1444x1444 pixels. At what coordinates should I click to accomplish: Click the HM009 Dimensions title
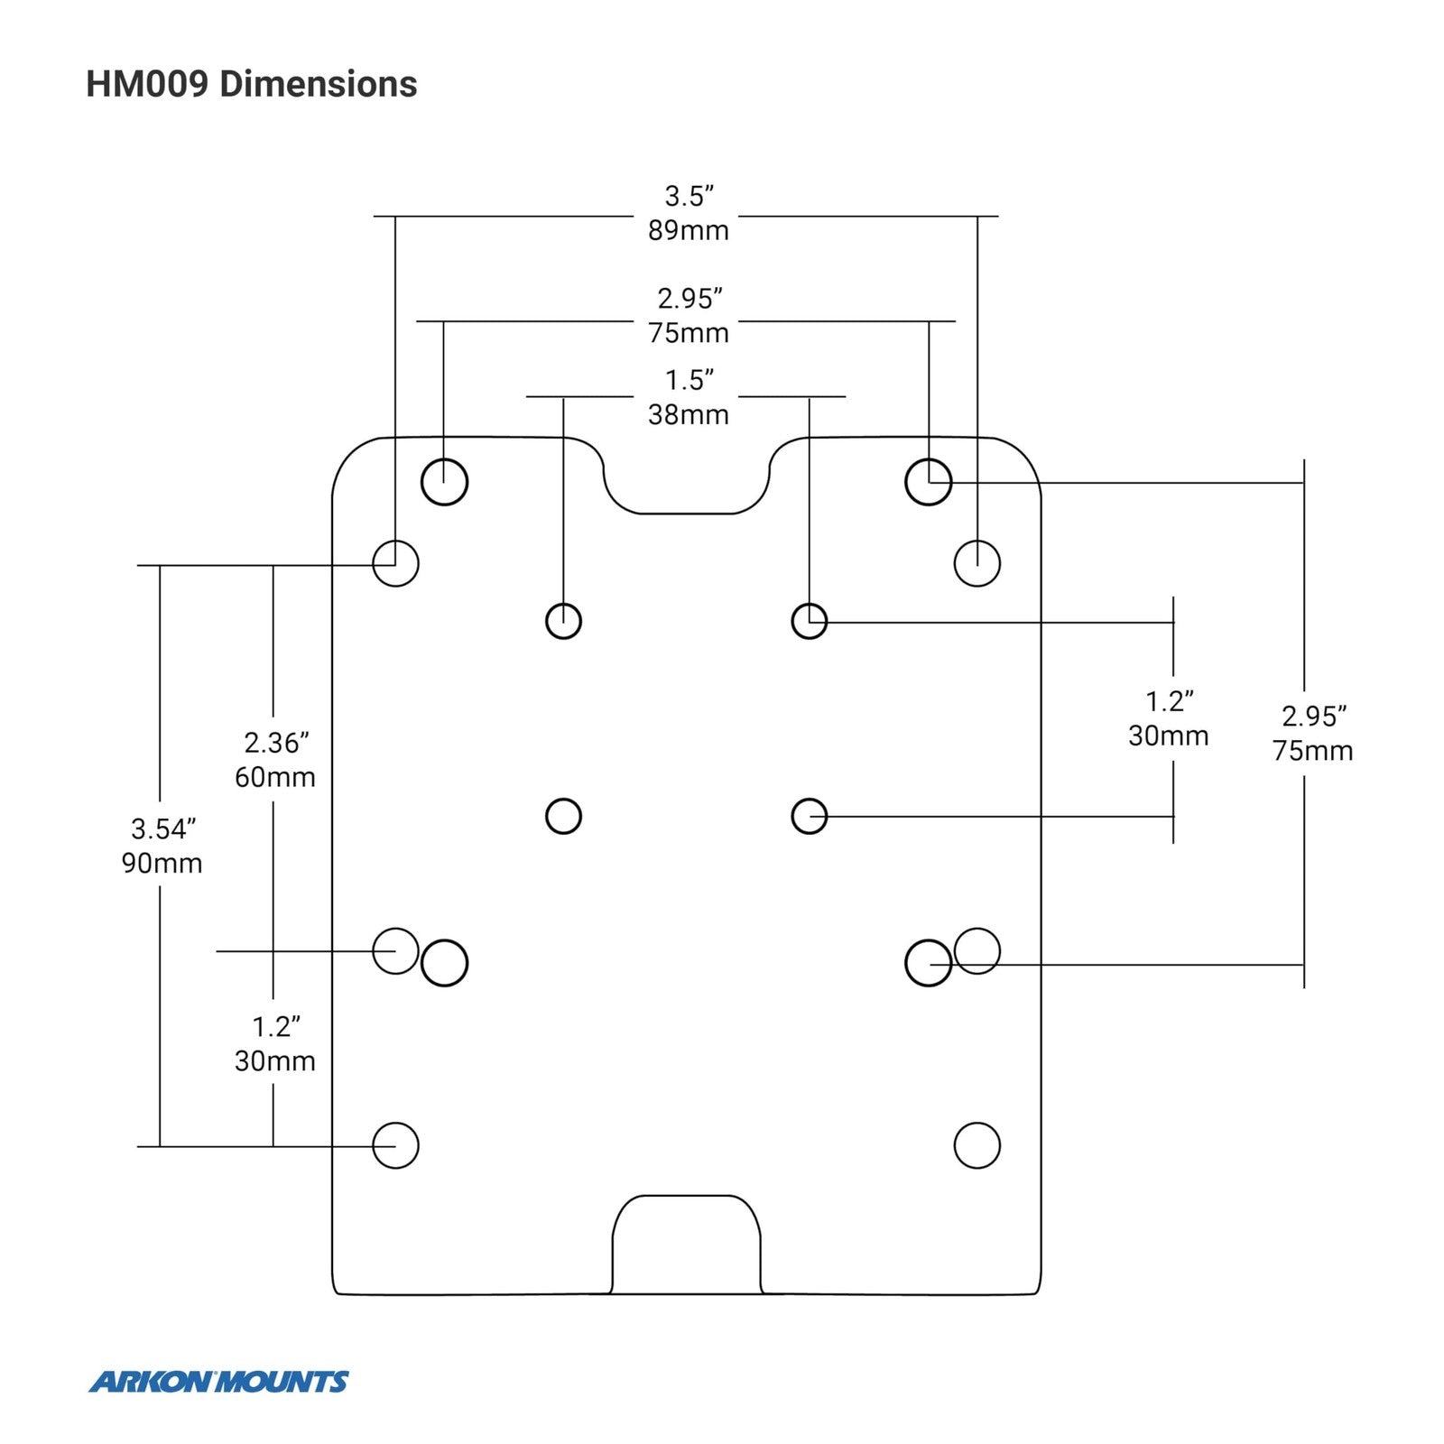(x=251, y=84)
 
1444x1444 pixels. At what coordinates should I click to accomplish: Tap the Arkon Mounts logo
(x=218, y=1382)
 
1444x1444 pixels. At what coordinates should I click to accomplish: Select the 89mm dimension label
(x=688, y=230)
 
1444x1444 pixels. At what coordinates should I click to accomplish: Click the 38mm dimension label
(x=688, y=414)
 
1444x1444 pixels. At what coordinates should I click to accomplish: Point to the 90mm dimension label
(x=162, y=863)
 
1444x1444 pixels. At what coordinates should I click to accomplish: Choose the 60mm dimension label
(x=275, y=777)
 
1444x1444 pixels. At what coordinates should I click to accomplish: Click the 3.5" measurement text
(x=690, y=195)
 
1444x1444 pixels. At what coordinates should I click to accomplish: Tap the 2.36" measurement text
(x=276, y=743)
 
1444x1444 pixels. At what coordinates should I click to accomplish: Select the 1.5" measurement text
(x=690, y=380)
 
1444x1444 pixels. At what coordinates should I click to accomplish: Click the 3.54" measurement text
(x=163, y=828)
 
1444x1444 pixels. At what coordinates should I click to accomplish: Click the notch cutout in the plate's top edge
(x=686, y=513)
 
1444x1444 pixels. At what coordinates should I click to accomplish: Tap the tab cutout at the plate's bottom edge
(x=686, y=1197)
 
